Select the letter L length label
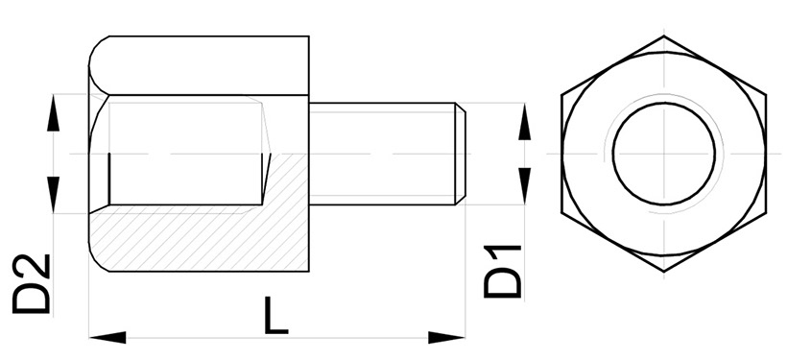pyautogui.click(x=276, y=316)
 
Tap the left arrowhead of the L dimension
pyautogui.click(x=106, y=336)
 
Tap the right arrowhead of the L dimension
pyautogui.click(x=447, y=336)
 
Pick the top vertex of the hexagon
pyautogui.click(x=665, y=36)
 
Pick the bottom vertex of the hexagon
pyautogui.click(x=665, y=272)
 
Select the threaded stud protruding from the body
pyautogui.click(x=384, y=154)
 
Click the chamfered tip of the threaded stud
pyautogui.click(x=463, y=154)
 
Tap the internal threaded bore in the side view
pyautogui.click(x=182, y=154)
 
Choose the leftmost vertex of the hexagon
pyautogui.click(x=563, y=95)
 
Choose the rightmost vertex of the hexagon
pyautogui.click(x=768, y=95)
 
